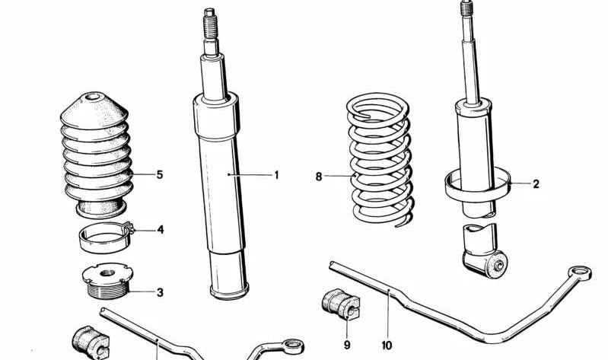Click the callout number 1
[276, 175]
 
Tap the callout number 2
[536, 184]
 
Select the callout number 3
[160, 292]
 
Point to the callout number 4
[160, 230]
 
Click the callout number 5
[160, 174]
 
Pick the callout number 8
[319, 177]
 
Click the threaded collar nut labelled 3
[108, 280]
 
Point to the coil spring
[380, 159]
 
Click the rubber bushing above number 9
[341, 304]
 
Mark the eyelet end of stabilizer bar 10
[580, 272]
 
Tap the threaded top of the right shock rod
[466, 8]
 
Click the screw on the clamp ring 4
[130, 228]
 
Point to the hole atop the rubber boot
[93, 97]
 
